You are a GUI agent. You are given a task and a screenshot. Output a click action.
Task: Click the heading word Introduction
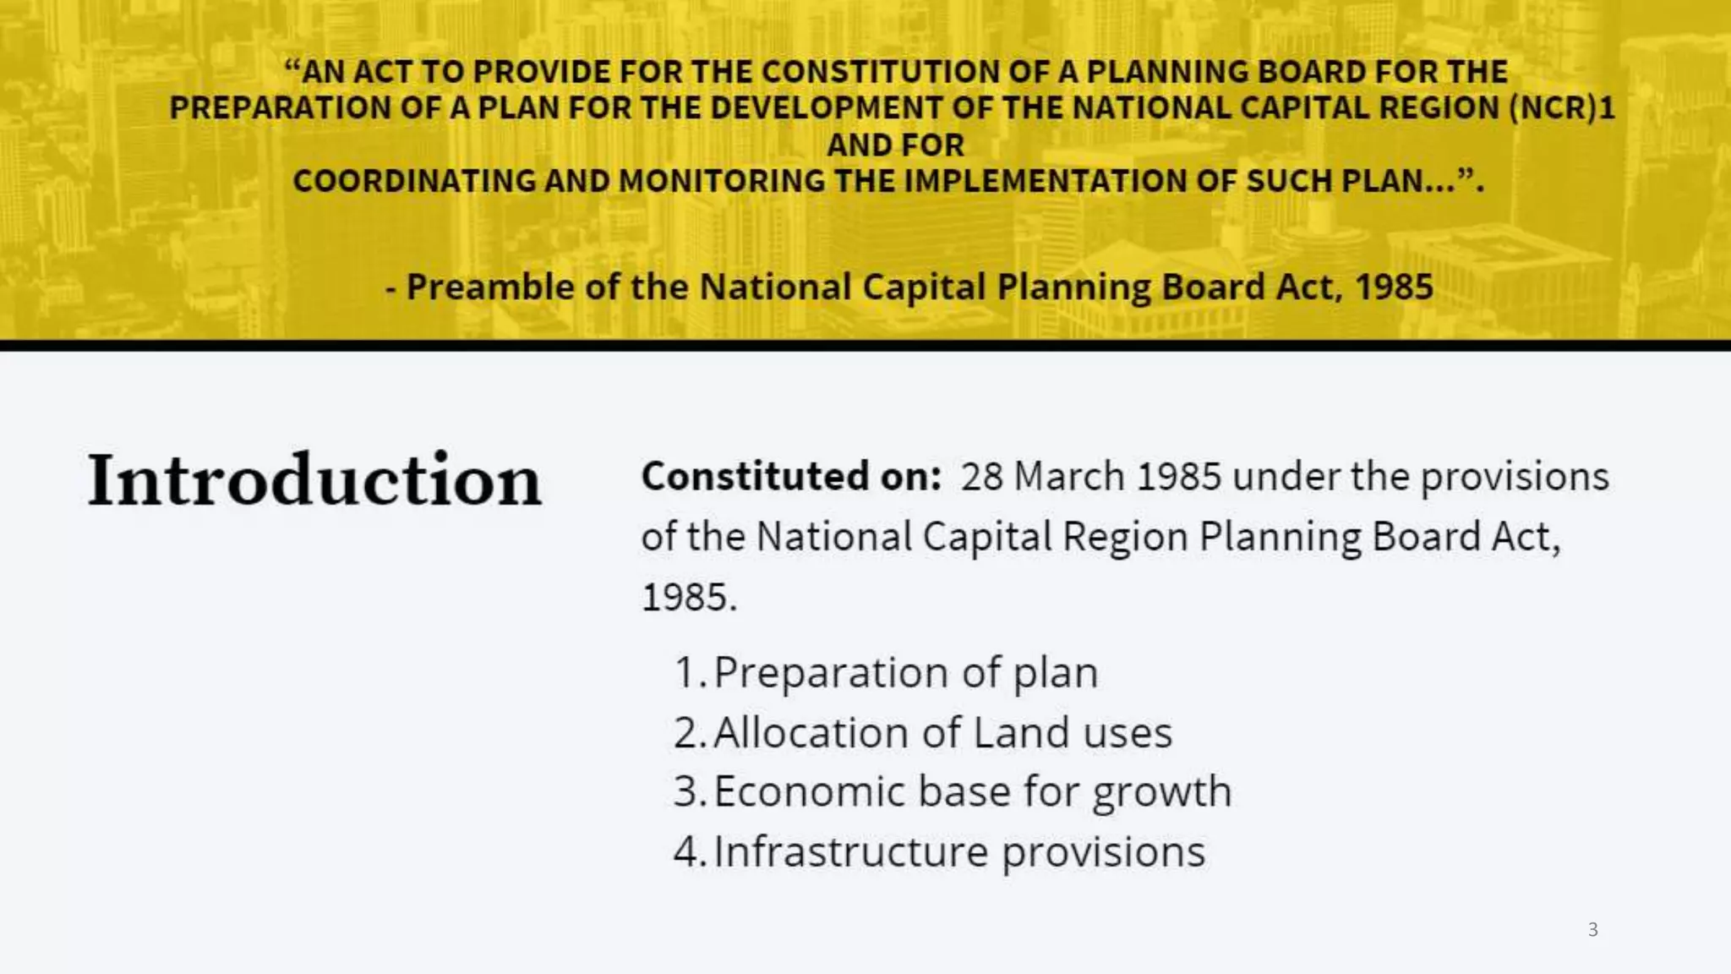pyautogui.click(x=314, y=480)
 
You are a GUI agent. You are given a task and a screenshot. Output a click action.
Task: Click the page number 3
pyautogui.click(x=1592, y=929)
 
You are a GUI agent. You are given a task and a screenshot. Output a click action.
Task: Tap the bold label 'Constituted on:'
pyautogui.click(x=791, y=476)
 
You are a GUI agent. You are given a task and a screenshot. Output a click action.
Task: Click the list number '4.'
pyautogui.click(x=690, y=851)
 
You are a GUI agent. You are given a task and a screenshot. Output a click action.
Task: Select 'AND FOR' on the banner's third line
pyautogui.click(x=895, y=145)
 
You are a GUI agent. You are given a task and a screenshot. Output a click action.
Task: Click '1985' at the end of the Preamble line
pyautogui.click(x=1394, y=287)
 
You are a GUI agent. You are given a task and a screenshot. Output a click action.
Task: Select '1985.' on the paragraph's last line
pyautogui.click(x=689, y=597)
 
